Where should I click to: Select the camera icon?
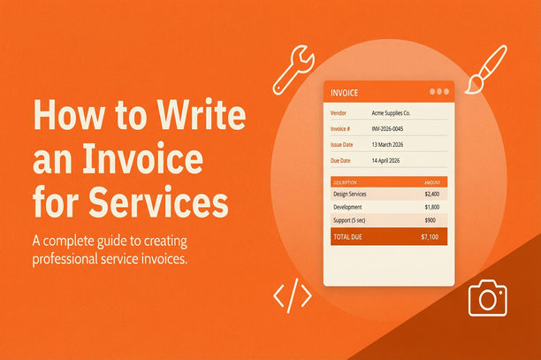click(487, 298)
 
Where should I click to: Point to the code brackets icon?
click(292, 296)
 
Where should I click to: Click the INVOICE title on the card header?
click(344, 92)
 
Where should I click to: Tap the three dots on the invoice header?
click(438, 92)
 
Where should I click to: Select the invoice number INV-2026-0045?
click(395, 129)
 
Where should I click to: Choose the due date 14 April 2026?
click(390, 161)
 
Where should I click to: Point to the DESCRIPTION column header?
click(346, 181)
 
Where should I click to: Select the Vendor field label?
click(339, 113)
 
